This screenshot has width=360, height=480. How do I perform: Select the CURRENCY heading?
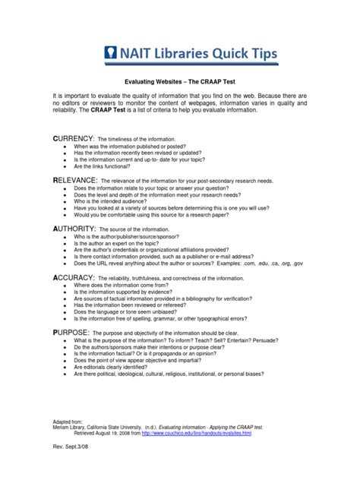72,140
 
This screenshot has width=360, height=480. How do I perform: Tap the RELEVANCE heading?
74,181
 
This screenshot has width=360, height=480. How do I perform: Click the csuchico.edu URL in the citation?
225,431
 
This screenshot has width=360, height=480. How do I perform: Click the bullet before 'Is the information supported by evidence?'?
66,292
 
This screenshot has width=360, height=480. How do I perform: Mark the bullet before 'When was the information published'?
66,147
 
